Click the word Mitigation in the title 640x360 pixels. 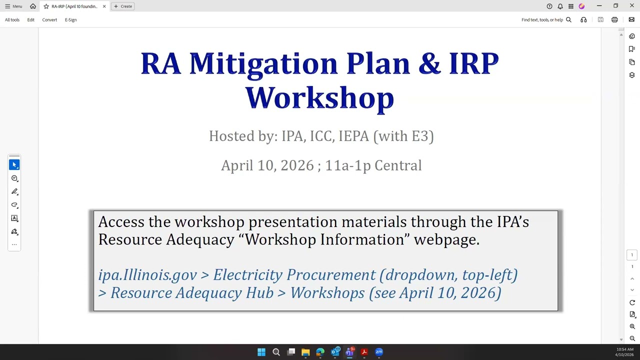point(263,64)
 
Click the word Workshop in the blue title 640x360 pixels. point(319,98)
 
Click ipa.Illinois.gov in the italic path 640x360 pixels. point(147,275)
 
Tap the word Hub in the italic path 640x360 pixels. point(259,293)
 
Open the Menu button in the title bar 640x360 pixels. point(13,6)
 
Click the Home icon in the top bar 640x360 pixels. point(33,6)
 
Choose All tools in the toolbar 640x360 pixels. point(12,20)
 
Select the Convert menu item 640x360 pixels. point(49,20)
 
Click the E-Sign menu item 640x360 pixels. point(70,20)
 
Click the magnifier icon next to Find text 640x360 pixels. point(568,20)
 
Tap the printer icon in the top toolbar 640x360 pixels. point(614,20)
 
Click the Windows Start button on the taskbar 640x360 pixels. point(261,352)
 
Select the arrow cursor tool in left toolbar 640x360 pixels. point(14,164)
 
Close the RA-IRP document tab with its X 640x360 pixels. point(104,6)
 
